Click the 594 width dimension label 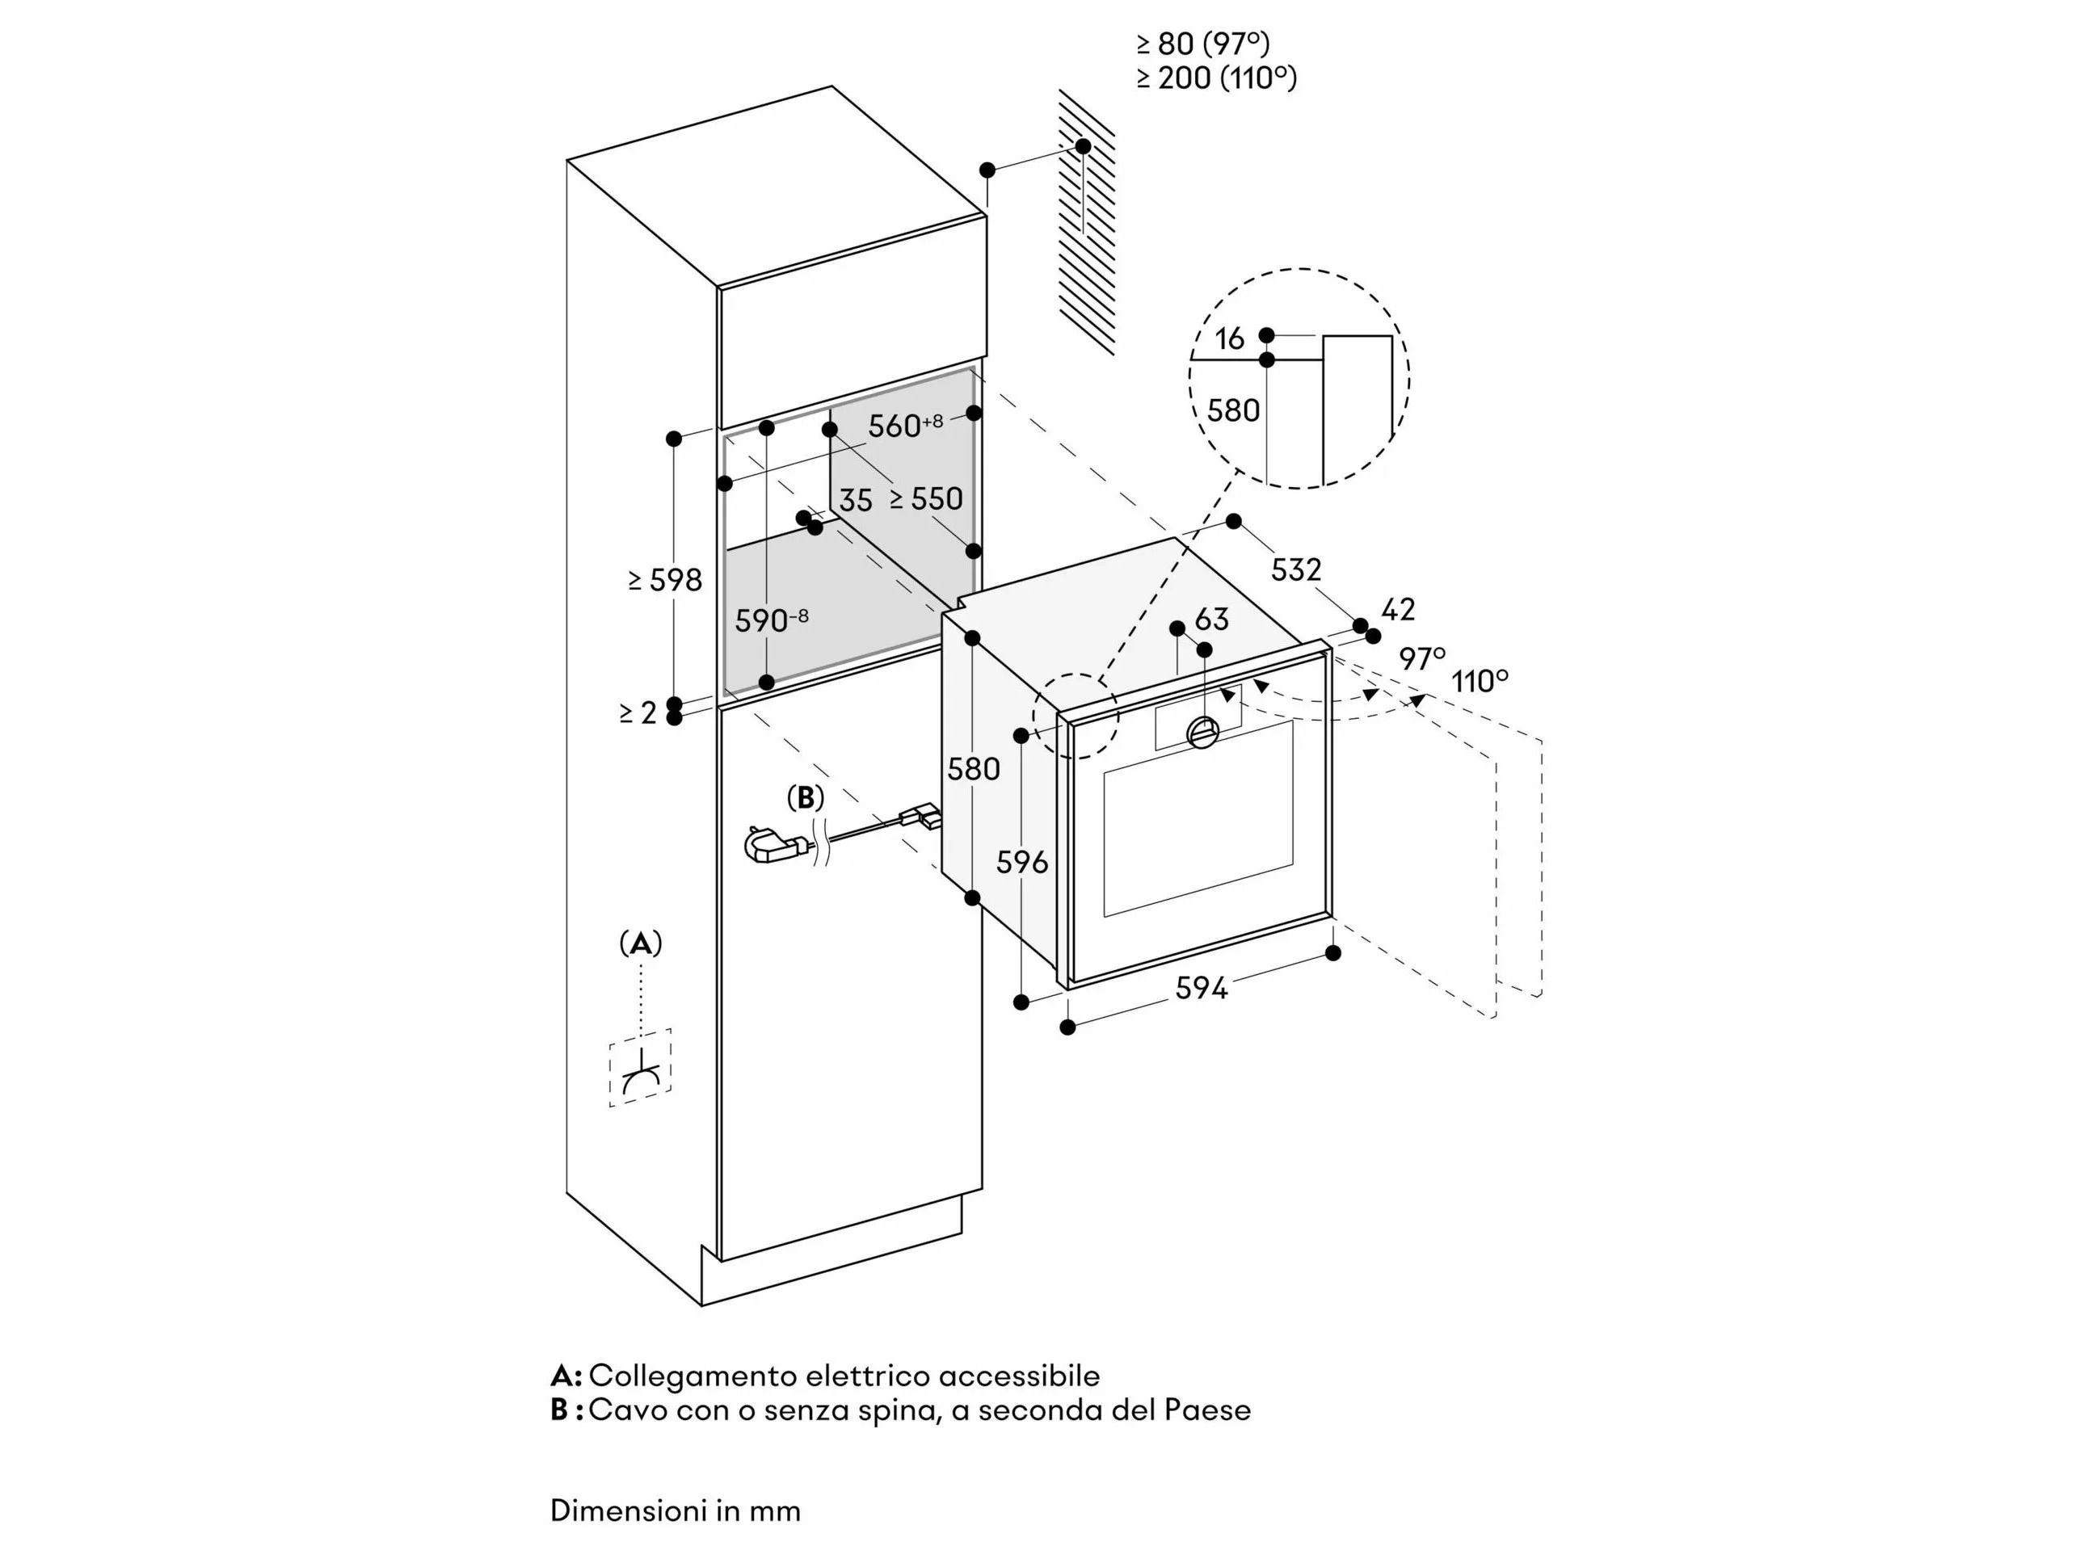pos(1201,988)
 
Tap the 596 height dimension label pos(1022,861)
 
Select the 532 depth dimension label pos(1295,569)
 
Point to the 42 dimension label pos(1398,610)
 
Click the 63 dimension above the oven pos(1211,620)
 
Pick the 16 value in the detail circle pos(1229,338)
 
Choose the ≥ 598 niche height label pos(666,579)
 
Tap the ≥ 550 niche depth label pos(926,498)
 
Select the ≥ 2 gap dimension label pos(638,713)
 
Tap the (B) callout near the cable pos(805,799)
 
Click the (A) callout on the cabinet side pos(641,943)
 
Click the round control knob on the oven pos(1202,732)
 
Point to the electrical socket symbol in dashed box pos(641,1074)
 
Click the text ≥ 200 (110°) pos(1217,78)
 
